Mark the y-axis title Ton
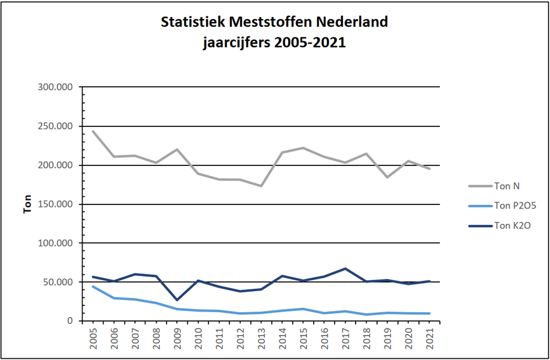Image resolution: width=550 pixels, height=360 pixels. [x=28, y=204]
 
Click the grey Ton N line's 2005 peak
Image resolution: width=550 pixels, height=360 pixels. [x=93, y=131]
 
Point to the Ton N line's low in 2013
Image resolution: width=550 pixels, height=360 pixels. [x=261, y=186]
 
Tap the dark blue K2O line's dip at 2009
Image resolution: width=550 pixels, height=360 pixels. [x=177, y=300]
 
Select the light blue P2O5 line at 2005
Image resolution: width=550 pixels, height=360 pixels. [x=93, y=287]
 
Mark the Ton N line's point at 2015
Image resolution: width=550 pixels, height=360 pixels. [x=303, y=148]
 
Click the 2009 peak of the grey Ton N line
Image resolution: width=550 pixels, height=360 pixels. [x=177, y=149]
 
